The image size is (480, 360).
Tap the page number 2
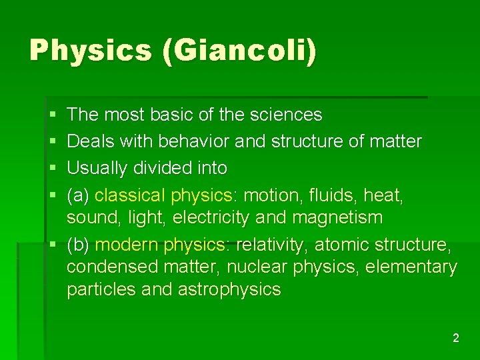(455, 338)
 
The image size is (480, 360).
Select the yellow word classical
(131, 195)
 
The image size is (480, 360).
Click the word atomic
(341, 245)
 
